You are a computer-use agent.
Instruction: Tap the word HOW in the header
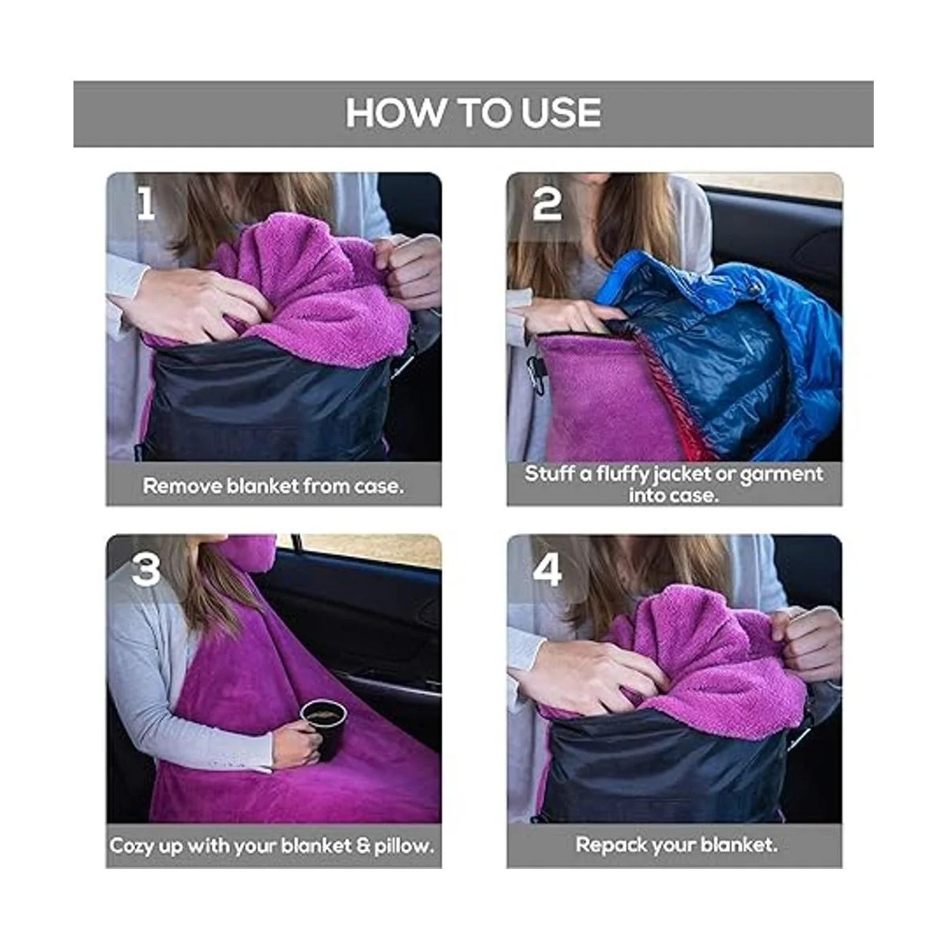[394, 113]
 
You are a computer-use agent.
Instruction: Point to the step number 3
[146, 570]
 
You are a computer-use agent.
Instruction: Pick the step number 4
[547, 570]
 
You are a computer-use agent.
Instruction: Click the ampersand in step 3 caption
[363, 846]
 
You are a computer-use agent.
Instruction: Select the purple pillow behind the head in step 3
[251, 554]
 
